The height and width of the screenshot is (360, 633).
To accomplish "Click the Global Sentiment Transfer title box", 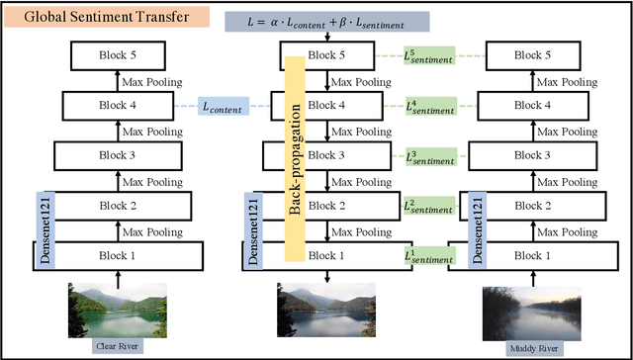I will (82, 18).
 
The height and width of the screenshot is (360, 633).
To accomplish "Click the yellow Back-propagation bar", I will (294, 158).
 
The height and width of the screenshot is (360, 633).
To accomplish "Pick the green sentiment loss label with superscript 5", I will (427, 57).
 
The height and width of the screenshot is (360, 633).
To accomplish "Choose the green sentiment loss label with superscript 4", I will (427, 106).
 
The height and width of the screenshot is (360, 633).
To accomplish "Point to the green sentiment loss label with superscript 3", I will (427, 155).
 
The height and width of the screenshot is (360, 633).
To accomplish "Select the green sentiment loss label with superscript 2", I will (427, 205).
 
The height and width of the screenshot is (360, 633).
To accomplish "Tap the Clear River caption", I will (118, 346).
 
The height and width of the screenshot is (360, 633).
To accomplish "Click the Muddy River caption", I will (529, 348).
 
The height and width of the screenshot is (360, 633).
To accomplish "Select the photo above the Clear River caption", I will (117, 310).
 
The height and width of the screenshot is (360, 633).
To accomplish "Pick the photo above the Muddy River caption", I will (530, 313).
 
